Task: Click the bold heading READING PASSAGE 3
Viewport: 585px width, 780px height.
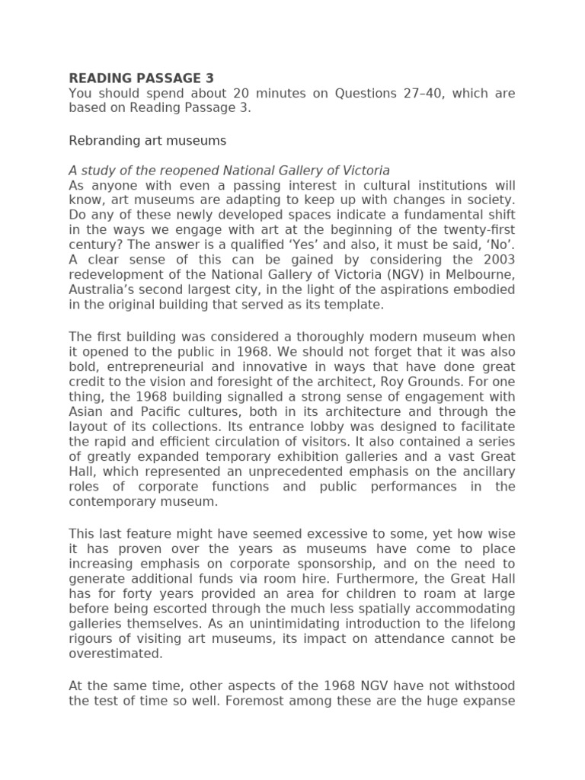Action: (x=141, y=78)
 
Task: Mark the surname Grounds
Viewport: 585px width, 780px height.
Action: (x=463, y=382)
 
